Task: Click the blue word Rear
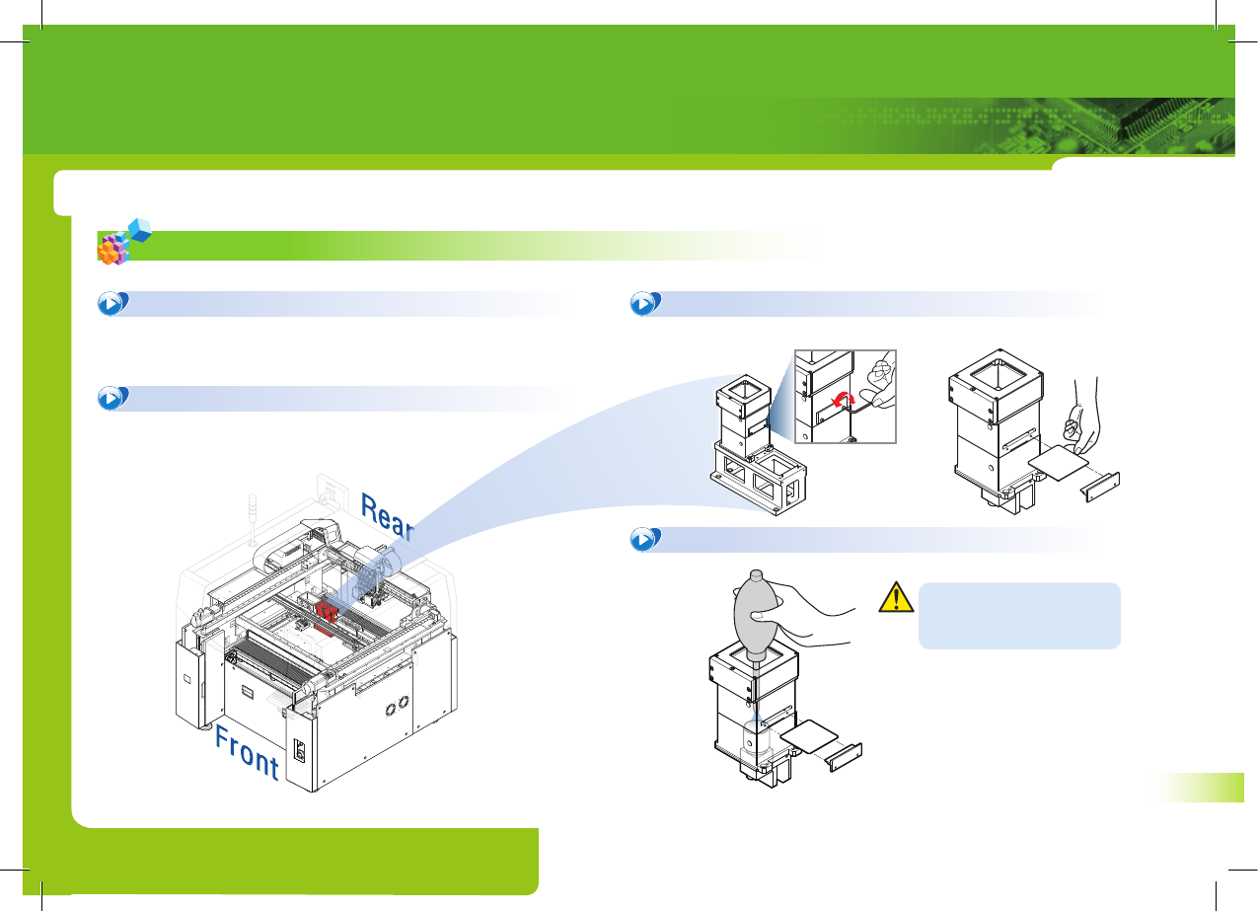387,519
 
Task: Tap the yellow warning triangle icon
895,598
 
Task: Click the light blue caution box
1018,615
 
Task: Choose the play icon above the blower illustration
643,539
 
